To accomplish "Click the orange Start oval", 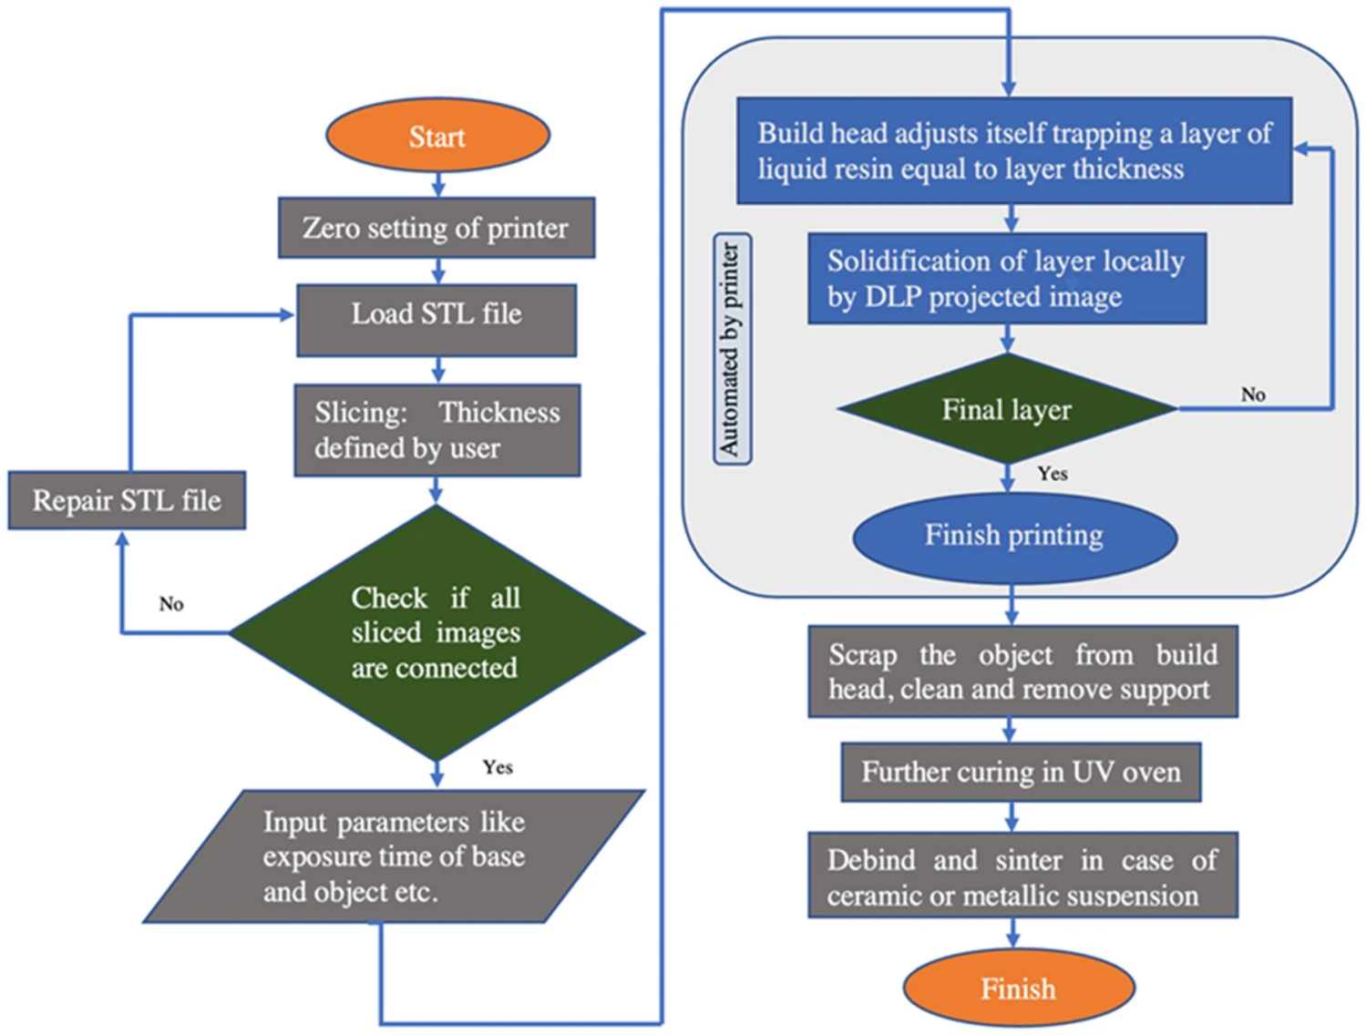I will [437, 136].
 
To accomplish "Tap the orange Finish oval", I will [1018, 988].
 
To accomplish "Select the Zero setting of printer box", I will [437, 228].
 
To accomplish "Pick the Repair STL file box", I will [127, 500].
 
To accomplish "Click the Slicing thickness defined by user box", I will [437, 430].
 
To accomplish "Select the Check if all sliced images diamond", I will [437, 632].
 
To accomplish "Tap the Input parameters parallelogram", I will [394, 856].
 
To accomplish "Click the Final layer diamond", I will [1006, 409].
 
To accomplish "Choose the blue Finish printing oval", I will [1014, 536].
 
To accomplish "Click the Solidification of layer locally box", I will [1006, 279].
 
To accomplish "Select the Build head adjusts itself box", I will [1013, 150].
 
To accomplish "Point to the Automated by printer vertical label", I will [732, 349].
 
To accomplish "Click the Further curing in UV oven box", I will [1021, 773].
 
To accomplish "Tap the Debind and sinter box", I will [1022, 875].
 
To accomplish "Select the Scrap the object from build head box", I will [1022, 671].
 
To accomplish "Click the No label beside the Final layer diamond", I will [1253, 395].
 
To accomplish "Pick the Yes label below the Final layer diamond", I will [1053, 474].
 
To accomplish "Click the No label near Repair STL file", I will [171, 604].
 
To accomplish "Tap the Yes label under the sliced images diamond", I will [498, 767].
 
